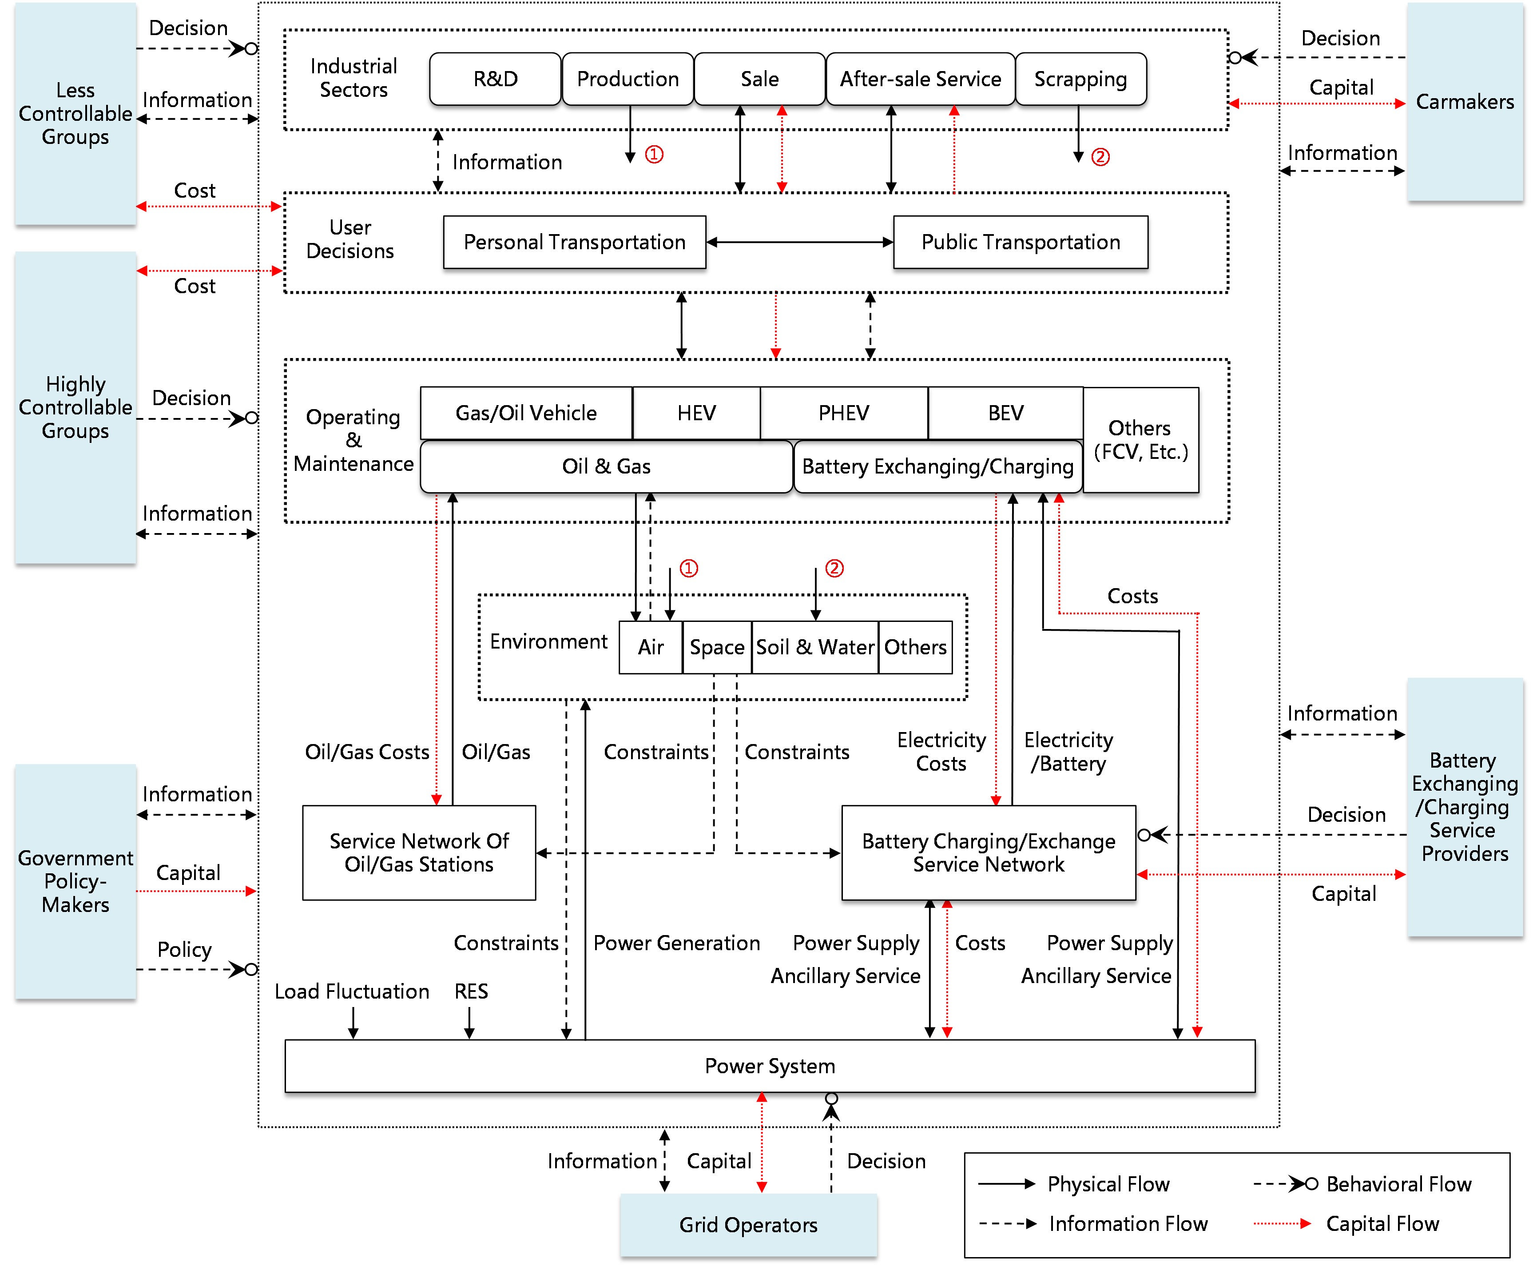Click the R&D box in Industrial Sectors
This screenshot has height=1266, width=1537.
click(x=495, y=79)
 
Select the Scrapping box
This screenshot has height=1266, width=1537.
click(x=1080, y=79)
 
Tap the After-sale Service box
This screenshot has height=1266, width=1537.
click(x=920, y=79)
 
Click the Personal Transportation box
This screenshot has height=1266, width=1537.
click(x=575, y=242)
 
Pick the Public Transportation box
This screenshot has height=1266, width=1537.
click(x=1020, y=242)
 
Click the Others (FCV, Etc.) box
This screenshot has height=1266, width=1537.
click(x=1140, y=440)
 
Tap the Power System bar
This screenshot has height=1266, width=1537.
click(x=769, y=1066)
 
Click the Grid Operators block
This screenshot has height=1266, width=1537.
click(x=748, y=1225)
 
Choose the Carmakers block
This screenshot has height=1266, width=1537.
click(x=1464, y=102)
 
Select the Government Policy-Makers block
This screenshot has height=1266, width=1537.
click(x=75, y=881)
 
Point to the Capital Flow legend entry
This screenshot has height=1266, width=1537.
click(x=1382, y=1224)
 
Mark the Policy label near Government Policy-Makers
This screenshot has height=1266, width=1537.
click(x=184, y=950)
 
